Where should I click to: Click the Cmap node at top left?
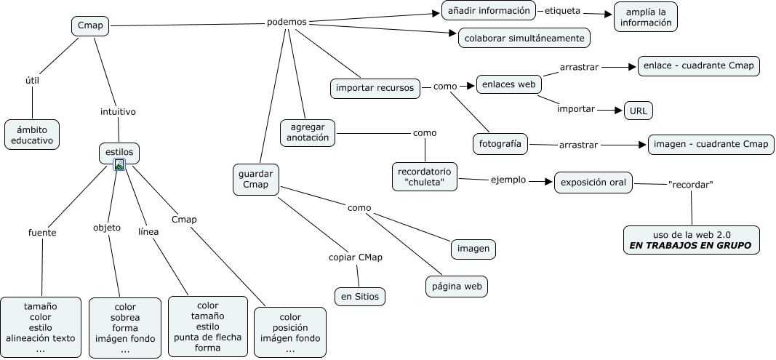click(x=90, y=27)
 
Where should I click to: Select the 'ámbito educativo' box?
click(x=32, y=135)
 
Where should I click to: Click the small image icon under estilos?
click(x=119, y=165)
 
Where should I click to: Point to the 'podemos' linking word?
click(x=287, y=22)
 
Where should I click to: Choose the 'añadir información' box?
click(x=489, y=11)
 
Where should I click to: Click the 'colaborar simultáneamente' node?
click(x=524, y=38)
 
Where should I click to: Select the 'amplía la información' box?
click(x=646, y=17)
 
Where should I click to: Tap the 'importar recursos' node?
click(x=375, y=88)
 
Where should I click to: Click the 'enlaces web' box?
click(x=508, y=84)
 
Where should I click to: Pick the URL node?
click(x=638, y=111)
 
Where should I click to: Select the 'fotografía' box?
click(x=500, y=143)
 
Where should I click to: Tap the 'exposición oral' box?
click(x=593, y=182)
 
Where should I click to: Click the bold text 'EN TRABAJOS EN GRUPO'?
click(x=691, y=246)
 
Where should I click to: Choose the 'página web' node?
click(x=456, y=287)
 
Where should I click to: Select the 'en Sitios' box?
click(x=359, y=296)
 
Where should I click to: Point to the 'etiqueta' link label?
click(x=562, y=11)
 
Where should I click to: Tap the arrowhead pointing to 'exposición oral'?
click(x=550, y=182)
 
